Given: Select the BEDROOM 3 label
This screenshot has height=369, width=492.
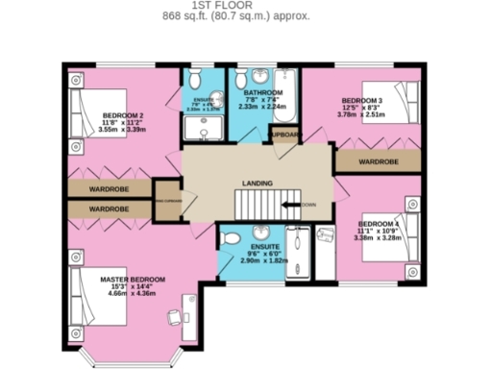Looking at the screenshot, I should click(361, 101).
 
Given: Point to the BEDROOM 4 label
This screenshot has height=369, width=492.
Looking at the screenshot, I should click(378, 224).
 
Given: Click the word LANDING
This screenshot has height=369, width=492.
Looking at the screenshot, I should click(257, 183).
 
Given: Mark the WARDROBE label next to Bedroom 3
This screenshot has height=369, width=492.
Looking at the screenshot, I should click(379, 161).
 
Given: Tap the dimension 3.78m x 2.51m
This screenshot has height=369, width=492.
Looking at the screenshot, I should click(361, 115).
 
